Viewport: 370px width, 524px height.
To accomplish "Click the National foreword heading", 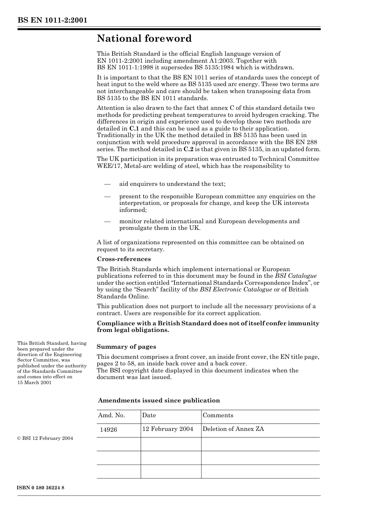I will pyautogui.click(x=144, y=39).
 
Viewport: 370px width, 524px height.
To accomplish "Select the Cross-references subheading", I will pyautogui.click(x=123, y=259).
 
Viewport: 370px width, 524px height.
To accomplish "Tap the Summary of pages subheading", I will pyautogui.click(x=126, y=347).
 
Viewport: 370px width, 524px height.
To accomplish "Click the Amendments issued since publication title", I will pyautogui.click(x=159, y=400).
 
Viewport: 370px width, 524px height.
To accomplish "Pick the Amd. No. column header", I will pyautogui.click(x=111, y=415).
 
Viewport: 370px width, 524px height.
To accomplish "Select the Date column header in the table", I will pyautogui.click(x=149, y=415).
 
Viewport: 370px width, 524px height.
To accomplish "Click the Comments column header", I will pyautogui.click(x=218, y=415).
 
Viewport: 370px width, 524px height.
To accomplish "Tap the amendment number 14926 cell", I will pyautogui.click(x=108, y=429).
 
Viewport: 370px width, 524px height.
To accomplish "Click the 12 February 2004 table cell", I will pyautogui.click(x=167, y=429).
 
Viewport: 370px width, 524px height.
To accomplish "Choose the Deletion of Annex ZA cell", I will pyautogui.click(x=233, y=429).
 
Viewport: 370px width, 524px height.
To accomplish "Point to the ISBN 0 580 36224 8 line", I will pyautogui.click(x=41, y=488).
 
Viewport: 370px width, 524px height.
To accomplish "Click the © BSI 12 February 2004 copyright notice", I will pyautogui.click(x=45, y=438).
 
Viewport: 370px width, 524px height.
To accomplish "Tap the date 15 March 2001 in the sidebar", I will pyautogui.click(x=34, y=383).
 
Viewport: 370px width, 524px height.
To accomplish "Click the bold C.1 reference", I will pyautogui.click(x=134, y=129).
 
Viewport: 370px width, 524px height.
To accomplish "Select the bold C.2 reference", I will pyautogui.click(x=189, y=149).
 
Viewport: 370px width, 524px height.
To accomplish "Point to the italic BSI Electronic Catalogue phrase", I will pyautogui.click(x=236, y=289).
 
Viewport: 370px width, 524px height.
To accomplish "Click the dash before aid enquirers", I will pyautogui.click(x=107, y=184).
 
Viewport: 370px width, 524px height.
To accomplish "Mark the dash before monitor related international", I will pyautogui.click(x=107, y=222).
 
